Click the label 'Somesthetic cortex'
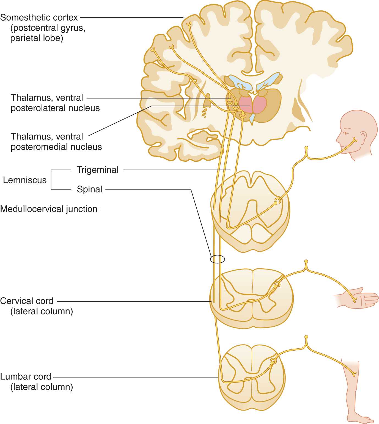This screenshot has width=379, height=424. pyautogui.click(x=39, y=18)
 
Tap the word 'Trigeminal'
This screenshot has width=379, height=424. pyautogui.click(x=97, y=170)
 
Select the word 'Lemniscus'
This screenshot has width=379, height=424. pyautogui.click(x=25, y=180)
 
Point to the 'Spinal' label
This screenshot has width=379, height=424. pyautogui.click(x=89, y=189)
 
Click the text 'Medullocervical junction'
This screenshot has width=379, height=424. pyautogui.click(x=49, y=209)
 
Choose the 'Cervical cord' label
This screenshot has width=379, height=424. pyautogui.click(x=27, y=301)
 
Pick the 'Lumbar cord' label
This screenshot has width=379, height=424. pyautogui.click(x=26, y=376)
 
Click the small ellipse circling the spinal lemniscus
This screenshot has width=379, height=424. pyautogui.click(x=218, y=259)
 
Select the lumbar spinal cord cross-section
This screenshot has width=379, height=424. pyautogui.click(x=252, y=377)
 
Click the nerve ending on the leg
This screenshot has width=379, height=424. pyautogui.click(x=354, y=374)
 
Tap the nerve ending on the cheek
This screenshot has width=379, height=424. pyautogui.click(x=355, y=140)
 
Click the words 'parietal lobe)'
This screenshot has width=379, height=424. pyautogui.click(x=37, y=38)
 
